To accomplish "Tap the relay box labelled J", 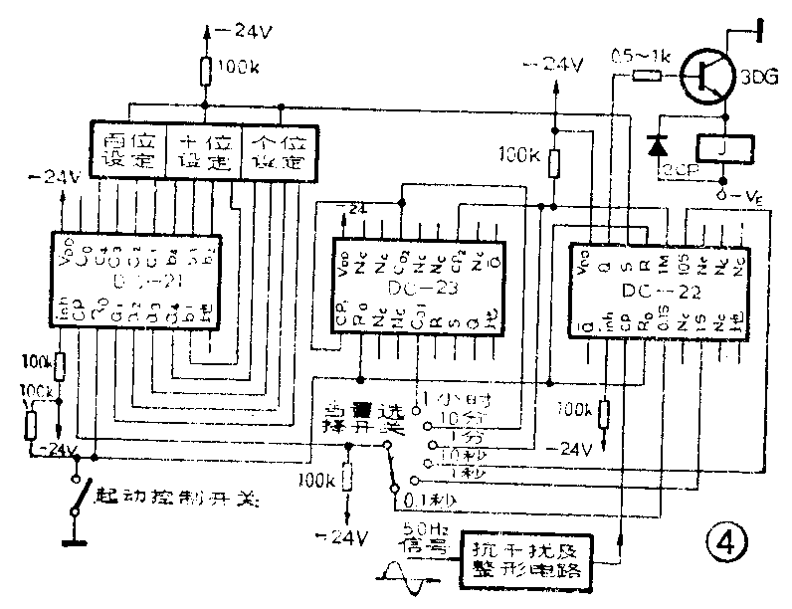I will pyautogui.click(x=723, y=148).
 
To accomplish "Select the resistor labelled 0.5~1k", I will pyautogui.click(x=649, y=73).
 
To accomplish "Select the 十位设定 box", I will pyautogui.click(x=203, y=152).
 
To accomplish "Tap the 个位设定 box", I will pyautogui.click(x=279, y=152).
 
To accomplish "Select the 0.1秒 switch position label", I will pyautogui.click(x=435, y=491).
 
